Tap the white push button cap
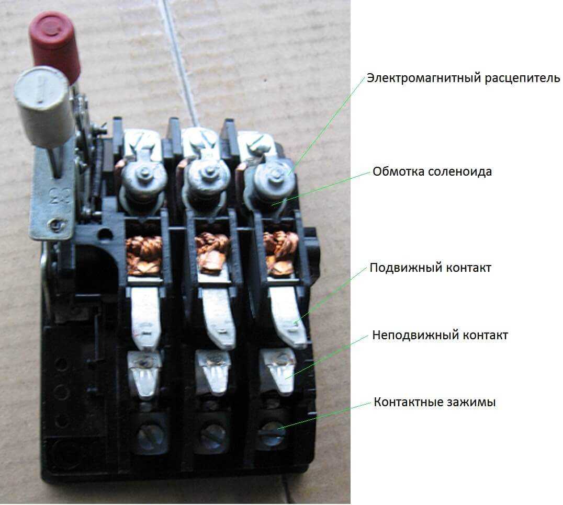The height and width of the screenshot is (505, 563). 42,106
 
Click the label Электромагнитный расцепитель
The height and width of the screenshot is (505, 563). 463,78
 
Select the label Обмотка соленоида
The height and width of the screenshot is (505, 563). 432,171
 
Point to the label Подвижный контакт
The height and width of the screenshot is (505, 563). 430,268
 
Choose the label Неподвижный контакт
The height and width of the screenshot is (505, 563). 440,335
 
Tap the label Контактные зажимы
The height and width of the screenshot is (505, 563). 434,402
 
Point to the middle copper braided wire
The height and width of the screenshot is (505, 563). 212,251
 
